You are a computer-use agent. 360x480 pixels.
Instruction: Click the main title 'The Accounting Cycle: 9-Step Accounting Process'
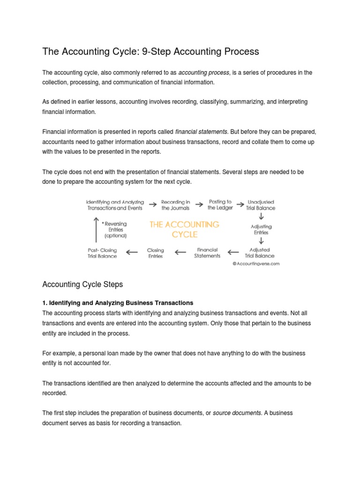click(150, 51)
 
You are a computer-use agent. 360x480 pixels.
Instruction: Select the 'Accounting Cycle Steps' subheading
click(82, 284)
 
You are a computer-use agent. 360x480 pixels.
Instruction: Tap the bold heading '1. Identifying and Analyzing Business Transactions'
click(118, 303)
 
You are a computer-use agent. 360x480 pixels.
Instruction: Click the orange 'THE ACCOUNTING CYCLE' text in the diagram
click(184, 229)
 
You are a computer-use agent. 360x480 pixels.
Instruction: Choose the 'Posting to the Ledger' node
click(220, 204)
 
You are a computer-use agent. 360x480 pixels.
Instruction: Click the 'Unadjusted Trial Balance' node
click(261, 204)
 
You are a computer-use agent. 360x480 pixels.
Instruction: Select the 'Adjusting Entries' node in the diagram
click(261, 230)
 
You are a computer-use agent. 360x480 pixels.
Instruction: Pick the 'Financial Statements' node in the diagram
click(207, 253)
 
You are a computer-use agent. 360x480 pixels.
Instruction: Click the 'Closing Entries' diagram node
click(155, 253)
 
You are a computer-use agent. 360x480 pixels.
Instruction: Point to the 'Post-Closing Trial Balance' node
click(102, 253)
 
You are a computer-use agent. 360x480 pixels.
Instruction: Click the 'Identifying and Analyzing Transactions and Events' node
click(115, 204)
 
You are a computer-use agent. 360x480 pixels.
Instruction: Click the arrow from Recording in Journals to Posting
click(199, 204)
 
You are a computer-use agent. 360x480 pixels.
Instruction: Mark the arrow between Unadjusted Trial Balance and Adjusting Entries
click(261, 217)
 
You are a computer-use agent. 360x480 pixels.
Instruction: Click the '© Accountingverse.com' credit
click(256, 264)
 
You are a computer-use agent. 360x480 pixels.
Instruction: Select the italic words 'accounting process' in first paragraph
click(204, 73)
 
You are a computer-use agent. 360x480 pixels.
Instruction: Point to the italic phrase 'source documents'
click(238, 412)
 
